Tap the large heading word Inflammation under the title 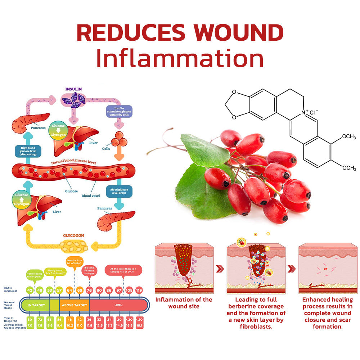(180, 59)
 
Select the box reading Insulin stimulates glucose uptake (119, 112)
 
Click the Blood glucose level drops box (119, 191)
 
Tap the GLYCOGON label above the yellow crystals (73, 235)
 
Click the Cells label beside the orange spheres (106, 148)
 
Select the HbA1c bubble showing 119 (139, 290)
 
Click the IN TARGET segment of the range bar (36, 305)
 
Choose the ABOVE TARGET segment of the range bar (74, 305)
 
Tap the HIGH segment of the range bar (118, 305)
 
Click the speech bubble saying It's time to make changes (90, 270)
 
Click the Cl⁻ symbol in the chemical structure (314, 112)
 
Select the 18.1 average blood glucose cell (139, 325)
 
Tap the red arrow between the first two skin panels (220, 269)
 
